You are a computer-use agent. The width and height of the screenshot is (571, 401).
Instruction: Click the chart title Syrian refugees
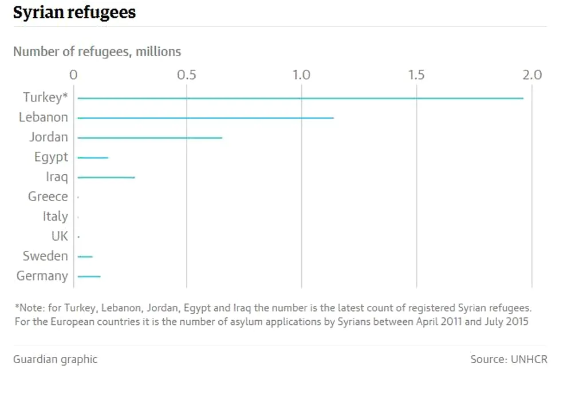[74, 13]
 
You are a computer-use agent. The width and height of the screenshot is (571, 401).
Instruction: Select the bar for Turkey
[300, 99]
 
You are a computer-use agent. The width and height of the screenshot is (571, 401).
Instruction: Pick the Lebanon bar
[205, 118]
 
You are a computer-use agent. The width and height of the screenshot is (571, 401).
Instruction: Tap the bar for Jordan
[149, 138]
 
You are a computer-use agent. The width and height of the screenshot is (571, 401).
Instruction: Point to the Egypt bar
[93, 158]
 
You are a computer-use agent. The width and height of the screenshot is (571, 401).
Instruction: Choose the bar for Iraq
[106, 178]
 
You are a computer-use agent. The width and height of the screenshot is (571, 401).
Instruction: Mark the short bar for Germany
[89, 277]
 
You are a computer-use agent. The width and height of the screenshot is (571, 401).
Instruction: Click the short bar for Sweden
[85, 257]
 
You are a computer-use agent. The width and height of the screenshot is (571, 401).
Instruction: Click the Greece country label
[48, 197]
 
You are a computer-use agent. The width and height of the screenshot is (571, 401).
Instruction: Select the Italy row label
[55, 217]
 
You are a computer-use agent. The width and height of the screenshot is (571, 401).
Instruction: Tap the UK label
[60, 236]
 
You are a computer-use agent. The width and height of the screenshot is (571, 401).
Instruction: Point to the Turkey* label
[45, 97]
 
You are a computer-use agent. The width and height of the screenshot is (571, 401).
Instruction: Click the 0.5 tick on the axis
[187, 75]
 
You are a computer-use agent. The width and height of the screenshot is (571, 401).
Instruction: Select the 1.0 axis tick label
[301, 75]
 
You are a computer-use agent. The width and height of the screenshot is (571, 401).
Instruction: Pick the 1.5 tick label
[416, 75]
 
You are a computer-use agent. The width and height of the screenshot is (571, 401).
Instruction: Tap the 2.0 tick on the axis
[531, 75]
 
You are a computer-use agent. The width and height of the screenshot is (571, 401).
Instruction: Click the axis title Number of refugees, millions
[97, 52]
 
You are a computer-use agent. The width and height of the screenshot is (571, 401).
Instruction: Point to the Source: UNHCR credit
[509, 360]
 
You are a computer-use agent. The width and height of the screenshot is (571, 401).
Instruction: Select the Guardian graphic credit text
[55, 360]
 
